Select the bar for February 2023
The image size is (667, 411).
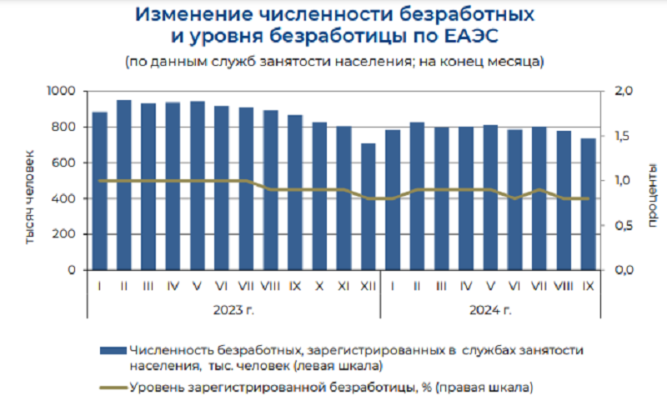click(124, 185)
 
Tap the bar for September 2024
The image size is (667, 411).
click(588, 204)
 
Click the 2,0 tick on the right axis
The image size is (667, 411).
click(623, 91)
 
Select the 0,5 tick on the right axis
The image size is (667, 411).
click(623, 225)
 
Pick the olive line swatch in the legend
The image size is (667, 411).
click(113, 387)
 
